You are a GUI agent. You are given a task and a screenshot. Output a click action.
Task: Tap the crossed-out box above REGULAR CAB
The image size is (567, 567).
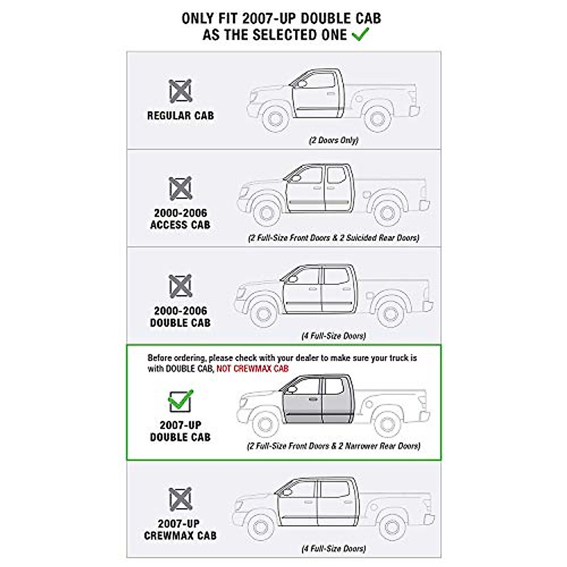(180, 91)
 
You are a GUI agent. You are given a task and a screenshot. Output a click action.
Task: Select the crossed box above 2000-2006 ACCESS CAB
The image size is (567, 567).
(180, 188)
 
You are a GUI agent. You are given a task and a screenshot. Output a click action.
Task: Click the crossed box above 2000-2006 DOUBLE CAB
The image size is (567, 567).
(180, 286)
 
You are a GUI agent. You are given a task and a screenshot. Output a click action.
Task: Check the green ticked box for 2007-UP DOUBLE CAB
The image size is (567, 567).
(180, 401)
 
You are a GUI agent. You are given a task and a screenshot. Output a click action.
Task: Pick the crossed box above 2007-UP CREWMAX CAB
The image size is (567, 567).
(180, 499)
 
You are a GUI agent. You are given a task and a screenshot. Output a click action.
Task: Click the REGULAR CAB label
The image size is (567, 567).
(180, 115)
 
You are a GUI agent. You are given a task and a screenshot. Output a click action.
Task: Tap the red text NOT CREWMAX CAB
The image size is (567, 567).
(252, 369)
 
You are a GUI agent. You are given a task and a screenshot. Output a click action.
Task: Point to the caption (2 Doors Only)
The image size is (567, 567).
(334, 140)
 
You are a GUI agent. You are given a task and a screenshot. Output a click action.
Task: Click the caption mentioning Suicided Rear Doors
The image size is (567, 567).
(334, 238)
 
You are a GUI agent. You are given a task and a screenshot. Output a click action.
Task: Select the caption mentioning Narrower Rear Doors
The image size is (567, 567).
(334, 446)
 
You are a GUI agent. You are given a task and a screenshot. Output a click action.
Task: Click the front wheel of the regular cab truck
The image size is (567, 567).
(275, 118)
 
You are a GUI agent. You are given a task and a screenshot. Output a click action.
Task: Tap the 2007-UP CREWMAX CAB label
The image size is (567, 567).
(180, 530)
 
